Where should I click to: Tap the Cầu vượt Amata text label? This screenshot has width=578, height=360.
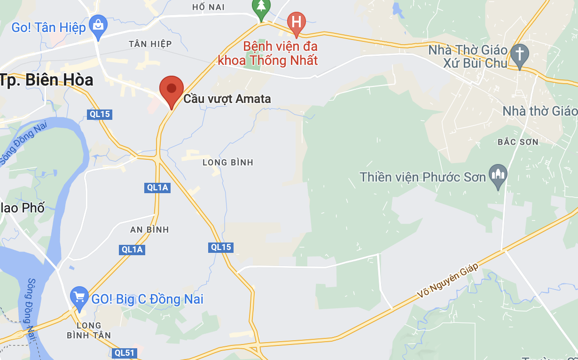click(x=227, y=99)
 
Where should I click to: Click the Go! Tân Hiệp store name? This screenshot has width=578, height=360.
click(x=48, y=27)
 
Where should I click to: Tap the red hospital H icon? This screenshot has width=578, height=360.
click(x=297, y=22)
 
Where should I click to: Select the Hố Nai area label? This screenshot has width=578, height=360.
click(x=209, y=7)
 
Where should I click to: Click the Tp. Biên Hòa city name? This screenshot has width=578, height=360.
click(x=47, y=80)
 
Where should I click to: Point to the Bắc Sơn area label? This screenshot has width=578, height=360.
click(x=518, y=141)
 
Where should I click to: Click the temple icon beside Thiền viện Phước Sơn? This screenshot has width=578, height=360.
click(x=498, y=175)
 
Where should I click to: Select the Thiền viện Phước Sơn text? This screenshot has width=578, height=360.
click(x=423, y=177)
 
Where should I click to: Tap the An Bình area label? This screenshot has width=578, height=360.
click(x=149, y=230)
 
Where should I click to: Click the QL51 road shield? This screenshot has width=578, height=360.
click(x=125, y=352)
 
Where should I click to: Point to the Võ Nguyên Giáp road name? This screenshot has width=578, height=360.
click(x=448, y=281)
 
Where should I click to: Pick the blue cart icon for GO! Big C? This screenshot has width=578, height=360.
click(x=79, y=297)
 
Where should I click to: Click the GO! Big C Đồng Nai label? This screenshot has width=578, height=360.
click(x=148, y=299)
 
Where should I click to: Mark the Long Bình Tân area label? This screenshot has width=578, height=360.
click(x=89, y=330)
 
